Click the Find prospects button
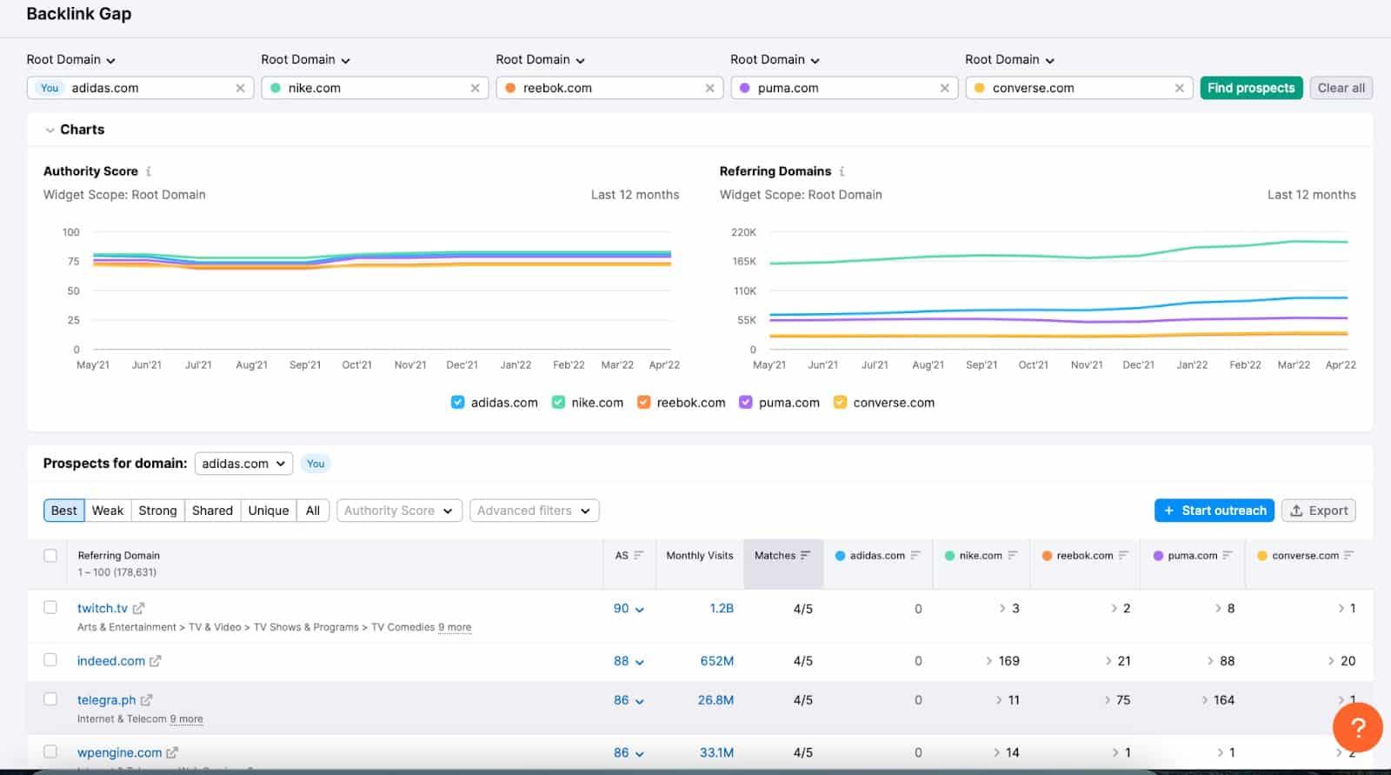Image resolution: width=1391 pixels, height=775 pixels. tap(1250, 88)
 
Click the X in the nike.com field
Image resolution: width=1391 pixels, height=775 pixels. tap(475, 88)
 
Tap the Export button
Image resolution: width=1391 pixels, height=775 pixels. tap(1319, 511)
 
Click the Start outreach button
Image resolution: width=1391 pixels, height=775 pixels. tap(1215, 511)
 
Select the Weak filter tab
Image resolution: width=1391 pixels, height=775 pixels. tap(108, 511)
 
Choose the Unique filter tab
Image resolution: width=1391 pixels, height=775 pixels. tap(268, 511)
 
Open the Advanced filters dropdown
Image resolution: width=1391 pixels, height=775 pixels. tap(534, 511)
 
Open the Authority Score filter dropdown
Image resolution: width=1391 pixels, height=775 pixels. tap(398, 511)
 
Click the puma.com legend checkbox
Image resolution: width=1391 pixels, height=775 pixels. tap(746, 402)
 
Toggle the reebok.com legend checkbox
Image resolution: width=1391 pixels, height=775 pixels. tap(644, 402)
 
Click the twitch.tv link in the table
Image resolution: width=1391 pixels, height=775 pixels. tap(103, 608)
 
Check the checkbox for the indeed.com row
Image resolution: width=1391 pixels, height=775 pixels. tap(50, 660)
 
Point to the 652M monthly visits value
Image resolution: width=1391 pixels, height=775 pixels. tap(716, 661)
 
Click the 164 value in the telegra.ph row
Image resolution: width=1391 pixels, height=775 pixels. tap(1223, 700)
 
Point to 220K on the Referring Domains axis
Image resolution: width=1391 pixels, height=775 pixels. tap(743, 232)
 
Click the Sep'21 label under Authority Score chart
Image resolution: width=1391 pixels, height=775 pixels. tap(305, 365)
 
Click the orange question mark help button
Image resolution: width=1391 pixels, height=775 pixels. tap(1357, 727)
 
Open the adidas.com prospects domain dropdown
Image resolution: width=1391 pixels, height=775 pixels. tap(243, 464)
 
